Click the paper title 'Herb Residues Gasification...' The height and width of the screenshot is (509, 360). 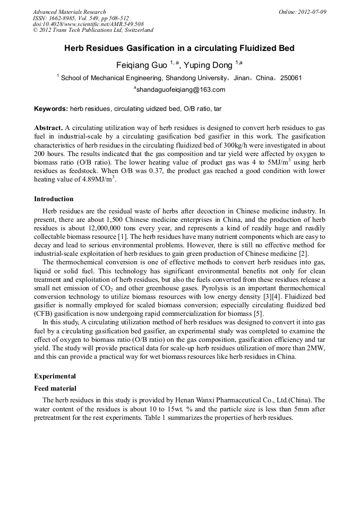coord(179,48)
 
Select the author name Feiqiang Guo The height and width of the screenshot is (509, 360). coord(141,65)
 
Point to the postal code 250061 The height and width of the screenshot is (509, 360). coord(291,78)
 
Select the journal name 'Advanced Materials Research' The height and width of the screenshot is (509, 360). coord(70,12)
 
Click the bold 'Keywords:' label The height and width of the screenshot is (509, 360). coord(51,109)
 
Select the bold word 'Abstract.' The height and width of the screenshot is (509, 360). coord(48,128)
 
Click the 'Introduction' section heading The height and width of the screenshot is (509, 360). coord(54,199)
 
